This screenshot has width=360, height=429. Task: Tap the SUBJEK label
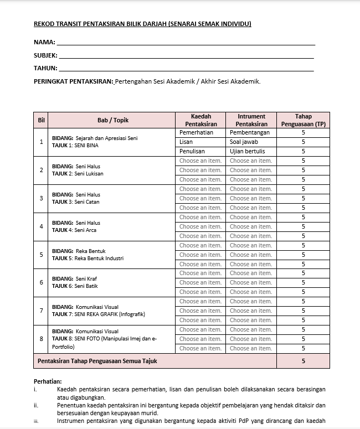(45, 55)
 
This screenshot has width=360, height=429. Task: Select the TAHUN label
(45, 68)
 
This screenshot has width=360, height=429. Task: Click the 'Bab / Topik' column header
(112, 120)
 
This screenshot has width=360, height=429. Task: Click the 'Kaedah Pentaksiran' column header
(200, 120)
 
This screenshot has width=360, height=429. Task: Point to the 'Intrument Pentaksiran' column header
(251, 120)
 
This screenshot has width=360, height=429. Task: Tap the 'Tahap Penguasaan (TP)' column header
(303, 120)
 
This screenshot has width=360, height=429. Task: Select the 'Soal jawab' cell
(244, 142)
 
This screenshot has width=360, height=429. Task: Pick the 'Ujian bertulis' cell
(247, 151)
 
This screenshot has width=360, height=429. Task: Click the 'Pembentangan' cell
(250, 133)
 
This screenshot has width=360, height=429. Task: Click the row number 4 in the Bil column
(42, 226)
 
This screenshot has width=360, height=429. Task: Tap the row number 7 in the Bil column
(42, 311)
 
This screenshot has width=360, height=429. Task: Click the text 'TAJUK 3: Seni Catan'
(76, 202)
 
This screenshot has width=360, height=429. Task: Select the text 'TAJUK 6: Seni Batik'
(75, 286)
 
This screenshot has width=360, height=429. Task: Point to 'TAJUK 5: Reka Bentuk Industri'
(88, 259)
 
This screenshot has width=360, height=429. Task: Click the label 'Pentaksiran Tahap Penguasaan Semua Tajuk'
(97, 361)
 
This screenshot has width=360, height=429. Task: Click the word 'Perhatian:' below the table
(48, 381)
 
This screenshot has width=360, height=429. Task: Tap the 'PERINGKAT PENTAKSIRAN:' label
(74, 81)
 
